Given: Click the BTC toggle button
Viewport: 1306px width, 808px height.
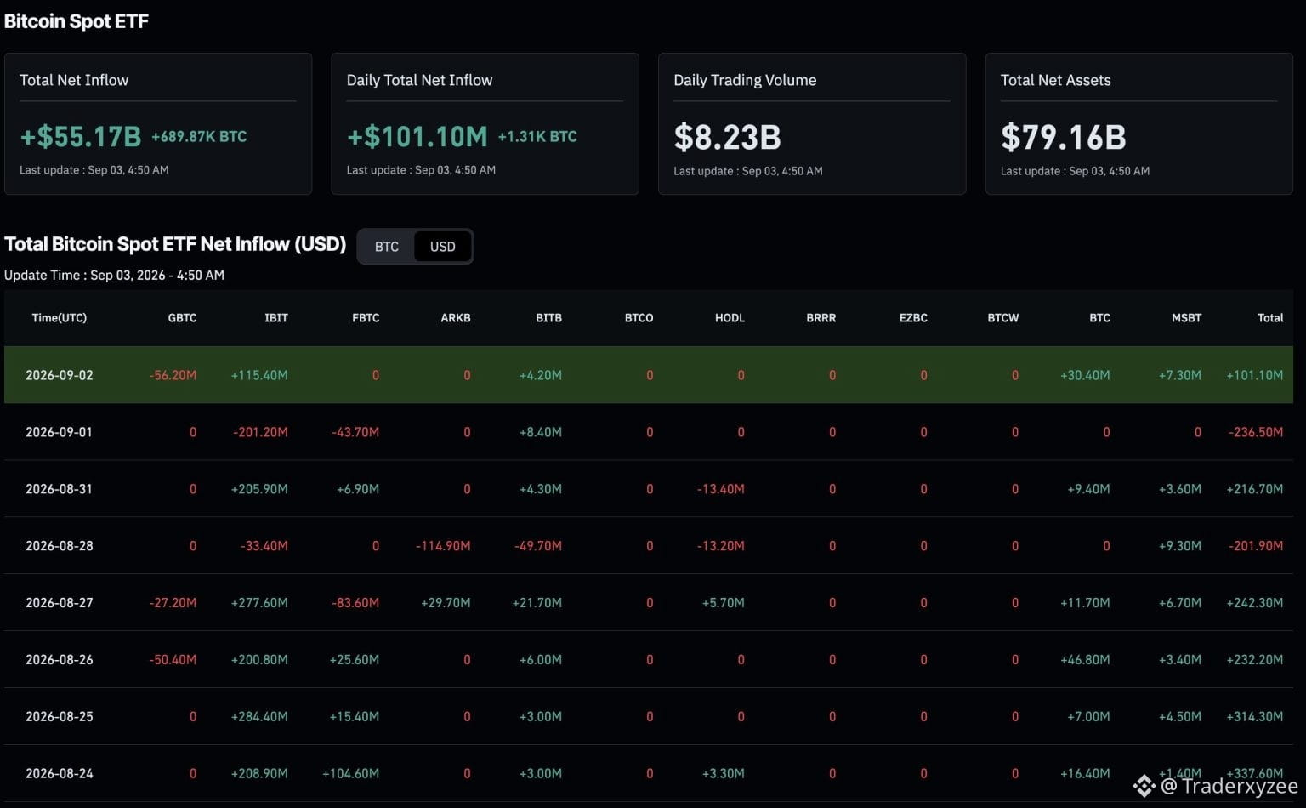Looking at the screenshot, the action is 387,246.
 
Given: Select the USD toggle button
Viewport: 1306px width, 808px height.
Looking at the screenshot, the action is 442,246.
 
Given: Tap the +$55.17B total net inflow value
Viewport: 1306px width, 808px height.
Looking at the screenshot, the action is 81,137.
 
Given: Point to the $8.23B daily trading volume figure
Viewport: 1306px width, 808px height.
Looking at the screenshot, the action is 727,137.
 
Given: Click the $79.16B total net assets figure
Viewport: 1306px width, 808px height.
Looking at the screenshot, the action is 1064,137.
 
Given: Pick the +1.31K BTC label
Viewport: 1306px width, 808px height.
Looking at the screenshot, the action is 537,137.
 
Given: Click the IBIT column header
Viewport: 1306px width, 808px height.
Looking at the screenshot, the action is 275,318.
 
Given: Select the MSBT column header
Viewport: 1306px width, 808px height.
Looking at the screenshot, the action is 1186,318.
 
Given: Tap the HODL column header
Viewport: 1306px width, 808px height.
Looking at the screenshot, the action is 730,318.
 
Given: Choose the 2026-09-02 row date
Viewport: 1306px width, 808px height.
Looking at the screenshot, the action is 60,375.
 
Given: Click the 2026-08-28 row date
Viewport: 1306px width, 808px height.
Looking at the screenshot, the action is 60,545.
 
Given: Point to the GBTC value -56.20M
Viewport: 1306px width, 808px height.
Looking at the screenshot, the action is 173,375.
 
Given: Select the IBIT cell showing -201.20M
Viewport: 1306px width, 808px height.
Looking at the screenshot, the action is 260,432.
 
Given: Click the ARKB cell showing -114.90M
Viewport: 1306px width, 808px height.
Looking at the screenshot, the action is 443,545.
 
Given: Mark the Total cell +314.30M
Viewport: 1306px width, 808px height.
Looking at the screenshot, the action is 1255,716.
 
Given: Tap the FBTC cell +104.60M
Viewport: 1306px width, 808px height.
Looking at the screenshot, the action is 350,773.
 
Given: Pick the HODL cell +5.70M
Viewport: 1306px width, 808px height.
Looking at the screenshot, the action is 723,603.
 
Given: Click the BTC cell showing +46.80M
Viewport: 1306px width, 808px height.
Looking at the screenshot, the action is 1085,659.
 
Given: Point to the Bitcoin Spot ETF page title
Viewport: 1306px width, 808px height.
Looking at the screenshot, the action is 77,21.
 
